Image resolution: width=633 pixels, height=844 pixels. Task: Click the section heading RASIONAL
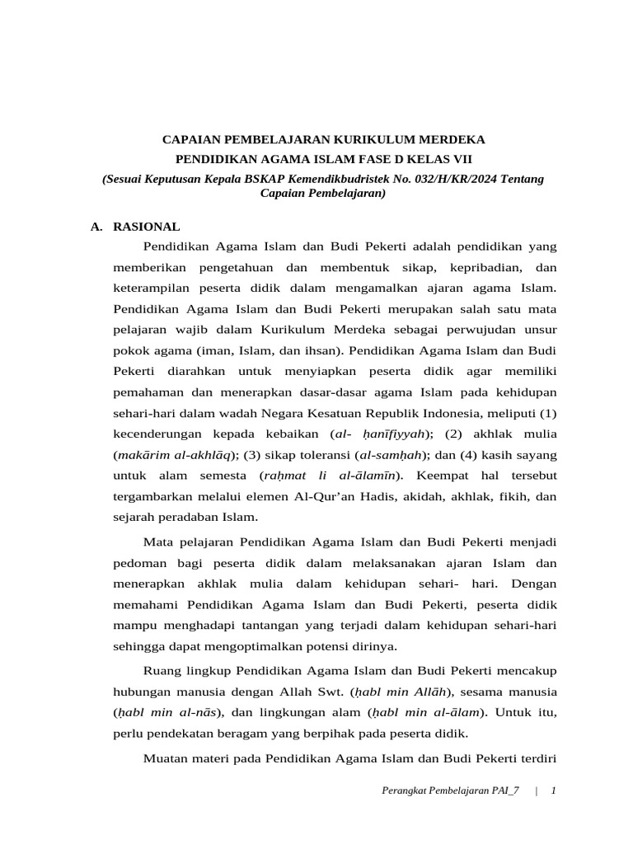coord(146,227)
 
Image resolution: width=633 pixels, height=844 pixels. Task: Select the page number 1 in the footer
coord(554,791)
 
